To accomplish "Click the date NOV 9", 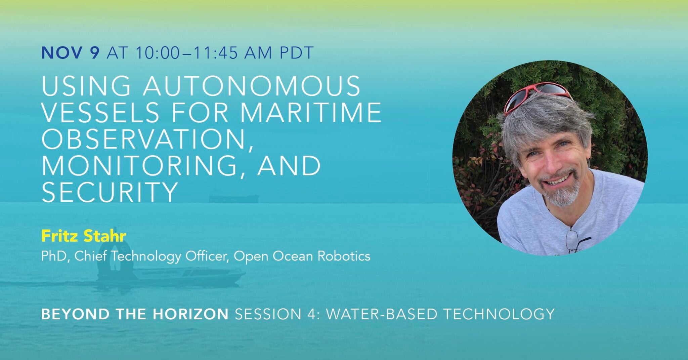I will pos(70,53).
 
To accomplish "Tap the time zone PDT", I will pos(297,53).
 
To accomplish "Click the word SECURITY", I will pos(110,192).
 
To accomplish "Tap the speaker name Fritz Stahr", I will pos(83,236).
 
